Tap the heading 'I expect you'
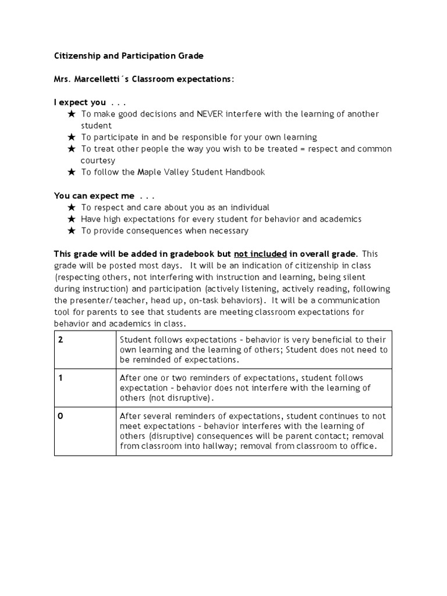80,102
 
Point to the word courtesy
98,161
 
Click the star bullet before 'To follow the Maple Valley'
72,172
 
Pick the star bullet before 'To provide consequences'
72,230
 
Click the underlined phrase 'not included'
260,254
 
